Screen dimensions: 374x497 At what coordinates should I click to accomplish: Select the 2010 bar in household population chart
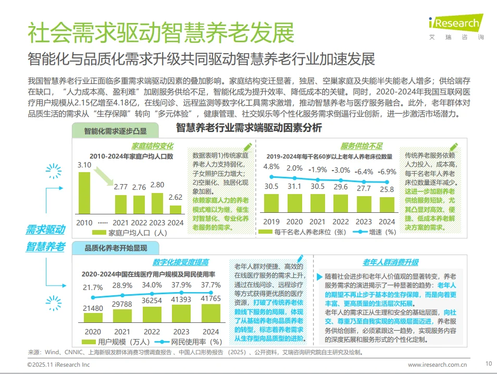[x=84, y=193]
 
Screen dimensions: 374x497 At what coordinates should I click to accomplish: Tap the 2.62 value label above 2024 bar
[x=176, y=197]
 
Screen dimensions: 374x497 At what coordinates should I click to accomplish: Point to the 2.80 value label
[x=157, y=184]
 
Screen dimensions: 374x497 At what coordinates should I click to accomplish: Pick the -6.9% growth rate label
[x=387, y=171]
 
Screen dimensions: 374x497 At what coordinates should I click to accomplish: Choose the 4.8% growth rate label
[x=271, y=167]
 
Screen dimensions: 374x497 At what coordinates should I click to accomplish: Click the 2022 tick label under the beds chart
[x=341, y=222]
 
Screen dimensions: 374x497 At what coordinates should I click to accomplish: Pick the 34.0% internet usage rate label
[x=152, y=285]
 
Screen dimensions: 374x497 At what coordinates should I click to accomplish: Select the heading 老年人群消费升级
[x=390, y=262]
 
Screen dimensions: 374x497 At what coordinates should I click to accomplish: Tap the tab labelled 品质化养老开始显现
[x=113, y=248]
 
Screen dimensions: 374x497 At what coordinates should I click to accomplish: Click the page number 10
[x=488, y=364]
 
